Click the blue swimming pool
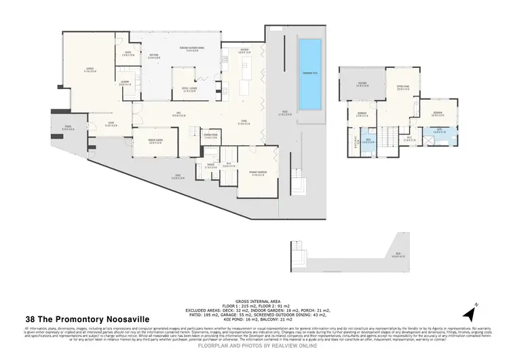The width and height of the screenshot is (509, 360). pyautogui.click(x=312, y=75)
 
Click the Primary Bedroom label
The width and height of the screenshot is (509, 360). pyautogui.click(x=257, y=174)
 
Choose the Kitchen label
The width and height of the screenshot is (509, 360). pyautogui.click(x=246, y=51)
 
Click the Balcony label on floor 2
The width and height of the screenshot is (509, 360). pyautogui.click(x=362, y=85)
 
